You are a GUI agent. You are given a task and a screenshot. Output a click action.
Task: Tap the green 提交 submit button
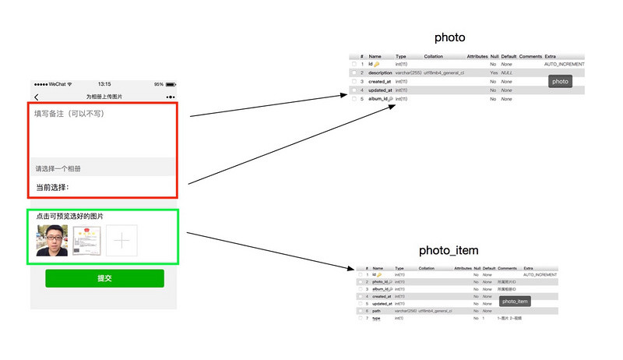click(104, 278)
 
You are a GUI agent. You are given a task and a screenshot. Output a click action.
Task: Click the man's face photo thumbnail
click(52, 241)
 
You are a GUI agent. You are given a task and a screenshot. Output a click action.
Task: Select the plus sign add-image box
click(121, 241)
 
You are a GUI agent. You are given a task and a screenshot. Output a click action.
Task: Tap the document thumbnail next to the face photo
click(86, 241)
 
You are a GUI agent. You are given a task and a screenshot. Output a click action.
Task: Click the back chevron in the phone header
click(37, 97)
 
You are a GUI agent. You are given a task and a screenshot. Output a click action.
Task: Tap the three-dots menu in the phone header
click(170, 97)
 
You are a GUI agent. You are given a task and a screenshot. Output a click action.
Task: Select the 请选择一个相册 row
click(58, 168)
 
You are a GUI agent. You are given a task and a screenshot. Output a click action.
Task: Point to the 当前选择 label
click(52, 187)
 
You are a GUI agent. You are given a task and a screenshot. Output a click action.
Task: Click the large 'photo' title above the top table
click(450, 37)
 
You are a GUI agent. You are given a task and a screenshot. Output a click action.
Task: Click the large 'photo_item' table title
click(449, 250)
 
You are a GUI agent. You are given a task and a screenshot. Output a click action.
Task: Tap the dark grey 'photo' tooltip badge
click(560, 81)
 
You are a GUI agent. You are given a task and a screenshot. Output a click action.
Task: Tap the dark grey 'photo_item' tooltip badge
click(515, 301)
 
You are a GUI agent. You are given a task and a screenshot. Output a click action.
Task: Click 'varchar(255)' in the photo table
click(408, 72)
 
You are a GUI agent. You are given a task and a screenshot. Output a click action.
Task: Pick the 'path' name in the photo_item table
click(377, 311)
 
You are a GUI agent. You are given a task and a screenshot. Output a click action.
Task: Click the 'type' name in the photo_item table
click(377, 319)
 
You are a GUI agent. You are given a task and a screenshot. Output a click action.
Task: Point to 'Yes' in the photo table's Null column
click(493, 72)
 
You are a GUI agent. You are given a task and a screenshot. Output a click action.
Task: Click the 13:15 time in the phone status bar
click(104, 84)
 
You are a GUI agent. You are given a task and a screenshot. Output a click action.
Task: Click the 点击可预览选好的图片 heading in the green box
click(70, 216)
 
